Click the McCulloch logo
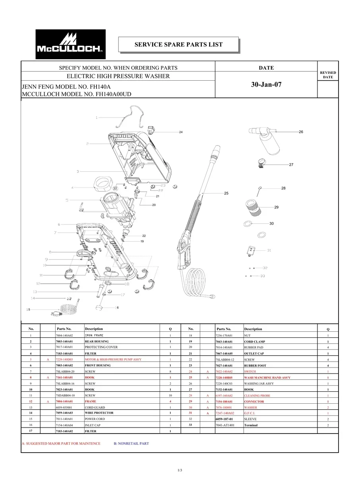71,44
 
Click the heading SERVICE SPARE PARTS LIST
178,45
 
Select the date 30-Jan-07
266,85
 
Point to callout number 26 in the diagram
301,132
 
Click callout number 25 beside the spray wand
226,193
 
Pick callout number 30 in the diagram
271,224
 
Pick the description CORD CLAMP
254,342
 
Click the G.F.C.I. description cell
250,413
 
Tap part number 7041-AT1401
225,425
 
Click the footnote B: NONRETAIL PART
131,443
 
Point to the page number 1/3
180,470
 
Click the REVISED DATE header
328,75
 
